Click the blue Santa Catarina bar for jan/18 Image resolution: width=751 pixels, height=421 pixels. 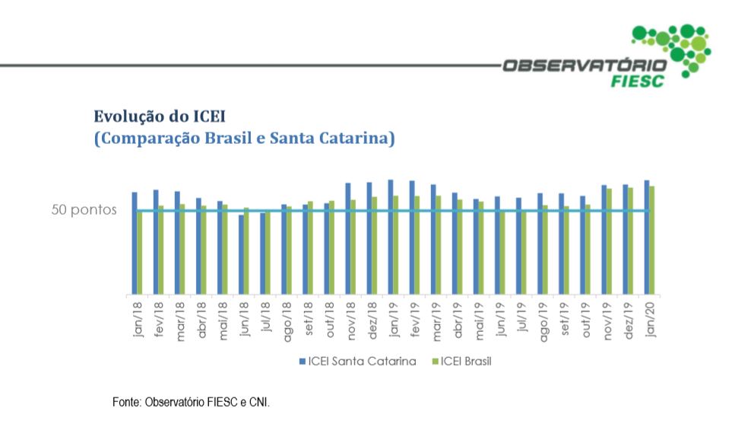point(135,243)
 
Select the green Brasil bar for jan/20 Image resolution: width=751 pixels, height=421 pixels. point(652,240)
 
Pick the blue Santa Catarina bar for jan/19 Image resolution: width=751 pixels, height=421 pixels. point(391,237)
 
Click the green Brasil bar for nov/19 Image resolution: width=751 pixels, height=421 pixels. point(610,241)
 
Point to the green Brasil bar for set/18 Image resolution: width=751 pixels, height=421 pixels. point(311,247)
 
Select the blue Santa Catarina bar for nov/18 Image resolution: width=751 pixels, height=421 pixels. point(348,238)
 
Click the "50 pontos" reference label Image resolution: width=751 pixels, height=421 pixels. point(84,210)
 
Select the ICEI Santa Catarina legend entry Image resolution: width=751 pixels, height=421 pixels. point(357,361)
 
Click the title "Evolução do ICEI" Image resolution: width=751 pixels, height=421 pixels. point(160,116)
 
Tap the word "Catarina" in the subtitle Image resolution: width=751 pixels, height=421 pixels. point(355,139)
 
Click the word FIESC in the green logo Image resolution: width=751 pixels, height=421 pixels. point(637,81)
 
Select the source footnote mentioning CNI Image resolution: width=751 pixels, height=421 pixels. point(191,400)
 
